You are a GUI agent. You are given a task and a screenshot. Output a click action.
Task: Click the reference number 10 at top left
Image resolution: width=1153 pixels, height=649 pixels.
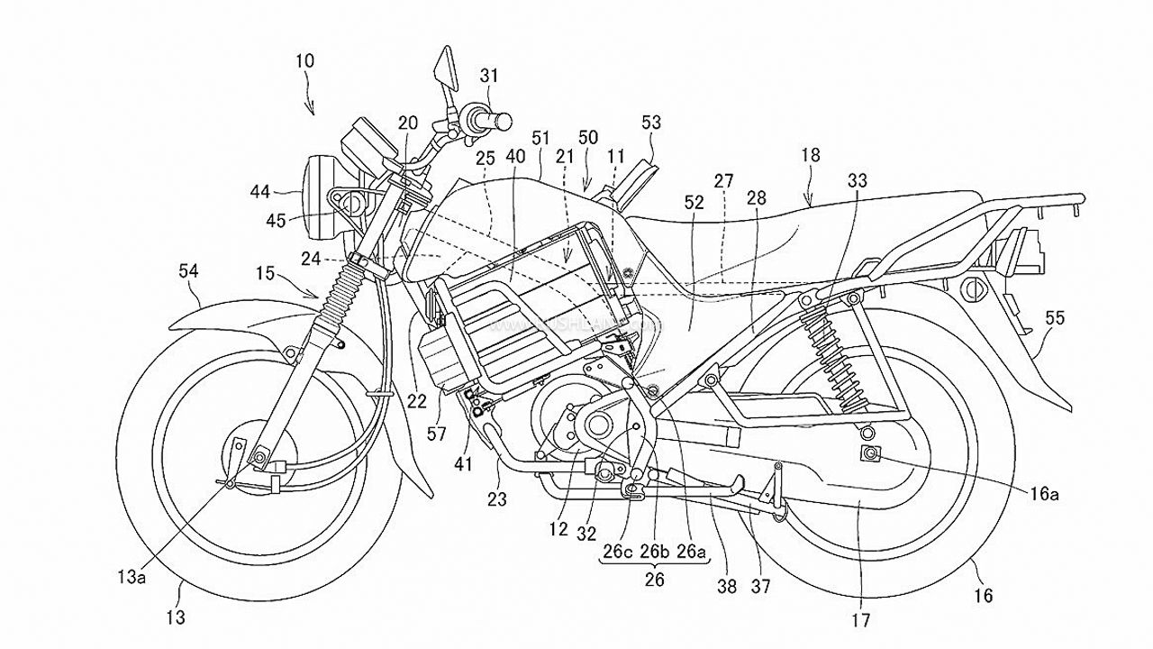coord(304,62)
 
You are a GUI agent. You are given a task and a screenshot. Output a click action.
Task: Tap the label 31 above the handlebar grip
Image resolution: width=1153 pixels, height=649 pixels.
coord(487,77)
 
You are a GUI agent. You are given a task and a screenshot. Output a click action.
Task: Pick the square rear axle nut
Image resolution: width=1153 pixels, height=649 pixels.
coord(871,454)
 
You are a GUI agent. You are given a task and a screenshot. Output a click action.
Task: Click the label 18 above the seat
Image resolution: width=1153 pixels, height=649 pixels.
coord(810,156)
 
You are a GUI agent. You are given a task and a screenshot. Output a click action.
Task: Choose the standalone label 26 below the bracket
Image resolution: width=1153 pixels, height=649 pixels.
coord(654,580)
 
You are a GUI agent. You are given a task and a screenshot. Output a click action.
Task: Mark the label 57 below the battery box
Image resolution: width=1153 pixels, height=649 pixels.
coord(436,435)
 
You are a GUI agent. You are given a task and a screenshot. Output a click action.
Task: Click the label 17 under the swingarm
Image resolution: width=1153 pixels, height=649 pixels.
coord(861,620)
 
